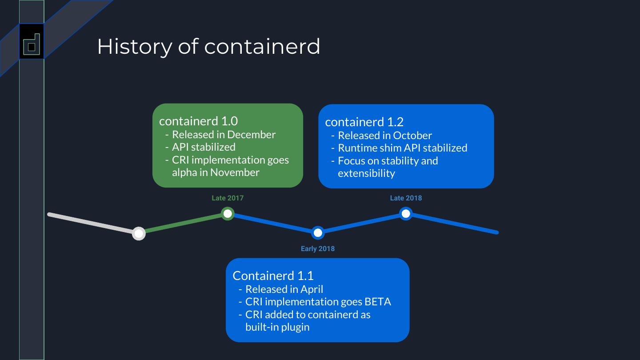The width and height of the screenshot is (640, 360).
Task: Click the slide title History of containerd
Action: (208, 47)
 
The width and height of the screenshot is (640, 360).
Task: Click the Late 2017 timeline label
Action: (228, 198)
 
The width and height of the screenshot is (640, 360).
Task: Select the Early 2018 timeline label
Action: (317, 249)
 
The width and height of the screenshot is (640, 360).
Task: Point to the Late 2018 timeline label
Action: (406, 198)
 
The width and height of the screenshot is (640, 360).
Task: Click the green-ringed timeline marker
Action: (228, 214)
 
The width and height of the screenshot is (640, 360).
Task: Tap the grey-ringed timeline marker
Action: (139, 233)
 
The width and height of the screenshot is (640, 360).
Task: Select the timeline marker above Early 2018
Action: (317, 232)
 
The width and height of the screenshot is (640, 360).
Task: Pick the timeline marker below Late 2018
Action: (406, 214)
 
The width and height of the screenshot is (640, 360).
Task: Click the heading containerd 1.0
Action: (198, 121)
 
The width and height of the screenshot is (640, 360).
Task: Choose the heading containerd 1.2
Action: (364, 122)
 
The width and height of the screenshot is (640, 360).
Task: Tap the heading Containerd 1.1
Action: (273, 276)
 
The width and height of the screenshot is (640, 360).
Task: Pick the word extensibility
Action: (366, 173)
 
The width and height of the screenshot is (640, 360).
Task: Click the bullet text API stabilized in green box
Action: (204, 147)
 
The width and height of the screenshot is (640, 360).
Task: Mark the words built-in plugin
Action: (277, 327)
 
